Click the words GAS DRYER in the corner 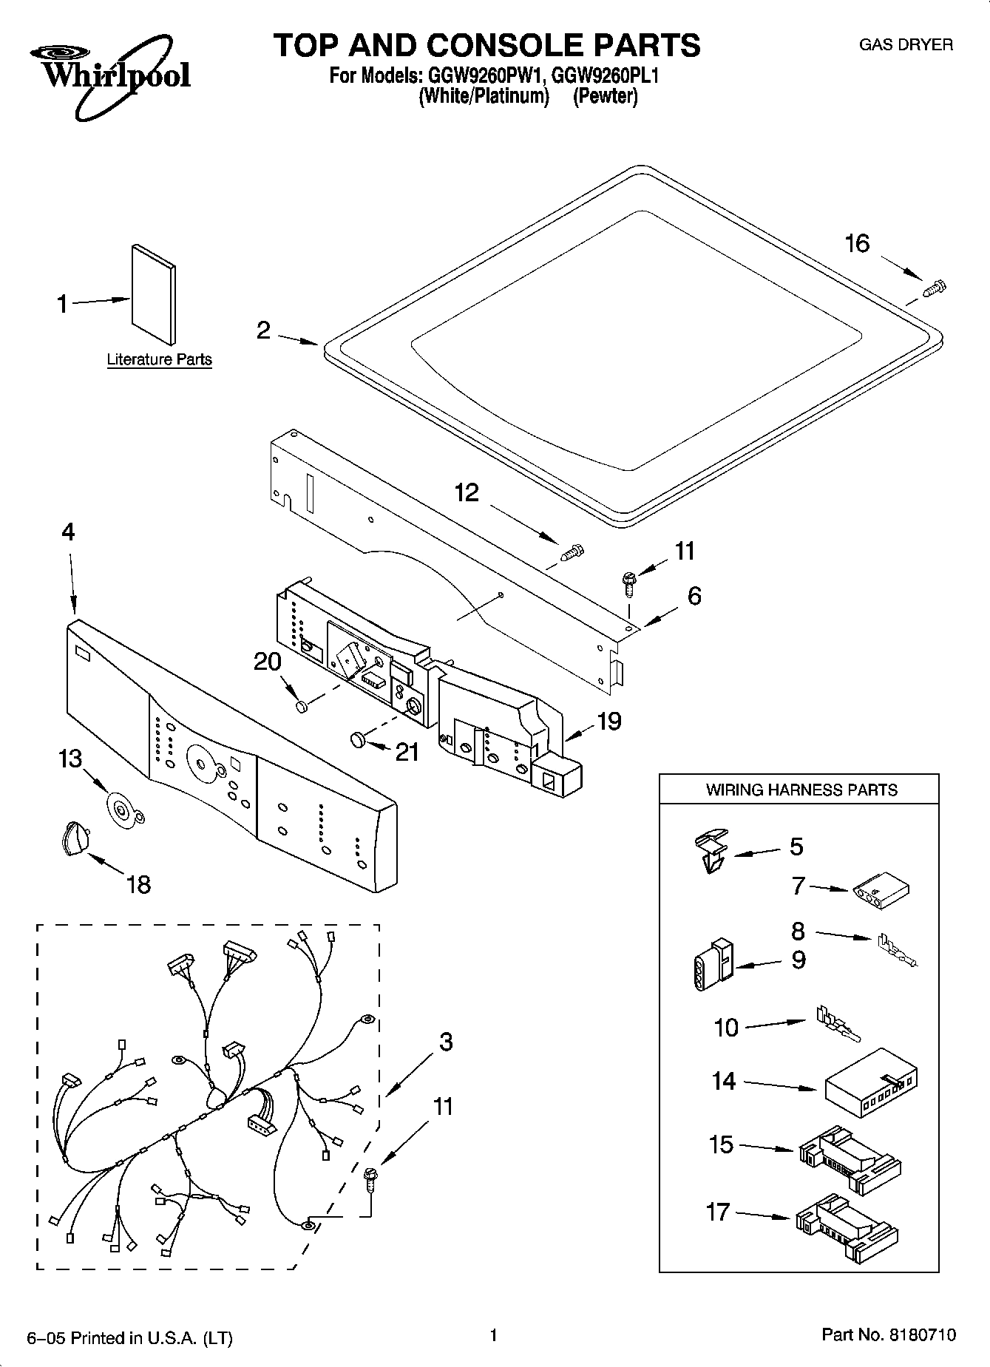pos(905,45)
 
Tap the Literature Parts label pos(159,360)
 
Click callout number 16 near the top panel pos(857,243)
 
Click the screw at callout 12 pos(573,552)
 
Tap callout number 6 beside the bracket pos(694,595)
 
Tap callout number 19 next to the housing pos(608,721)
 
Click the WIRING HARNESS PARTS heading pos(801,790)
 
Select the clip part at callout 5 pos(711,850)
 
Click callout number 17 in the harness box pos(718,1212)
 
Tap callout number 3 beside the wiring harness pos(445,1042)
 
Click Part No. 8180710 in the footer pos(888,1334)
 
